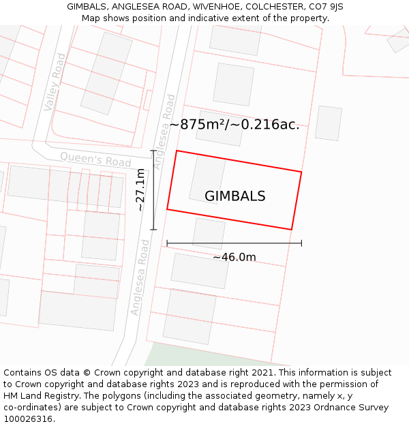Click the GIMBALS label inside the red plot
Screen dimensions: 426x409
234,196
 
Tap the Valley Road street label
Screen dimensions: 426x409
55,82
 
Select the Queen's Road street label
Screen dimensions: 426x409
95,159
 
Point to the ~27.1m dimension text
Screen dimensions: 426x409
140,190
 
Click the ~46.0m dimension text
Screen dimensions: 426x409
234,257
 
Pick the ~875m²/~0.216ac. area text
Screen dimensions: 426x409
234,125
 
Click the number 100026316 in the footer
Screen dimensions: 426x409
27,419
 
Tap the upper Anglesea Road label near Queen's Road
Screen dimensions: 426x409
165,131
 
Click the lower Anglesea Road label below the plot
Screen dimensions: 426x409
140,277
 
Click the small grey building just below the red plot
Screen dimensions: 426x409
209,234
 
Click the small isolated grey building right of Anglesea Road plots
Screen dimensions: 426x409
328,123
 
